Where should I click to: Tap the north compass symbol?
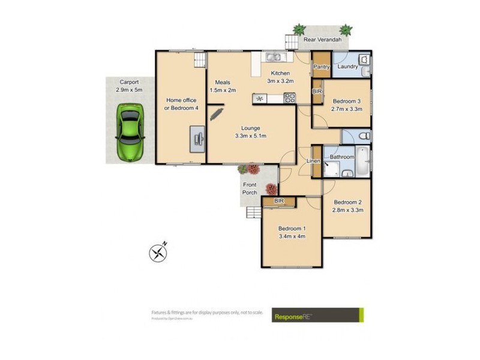coord(158,253)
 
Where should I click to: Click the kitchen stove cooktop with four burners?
coord(289,98)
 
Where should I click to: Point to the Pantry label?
coord(322,67)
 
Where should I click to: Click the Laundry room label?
coord(347,67)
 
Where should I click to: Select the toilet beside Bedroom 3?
coord(362,137)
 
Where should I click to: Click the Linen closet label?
coord(313,161)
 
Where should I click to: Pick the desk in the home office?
coord(197,138)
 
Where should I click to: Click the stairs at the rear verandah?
coord(291,43)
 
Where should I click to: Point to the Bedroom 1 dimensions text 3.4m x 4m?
coord(292,236)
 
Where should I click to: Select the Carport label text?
coord(129,82)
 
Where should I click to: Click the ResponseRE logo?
coord(317,315)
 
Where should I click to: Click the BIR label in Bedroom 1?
coord(278,201)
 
